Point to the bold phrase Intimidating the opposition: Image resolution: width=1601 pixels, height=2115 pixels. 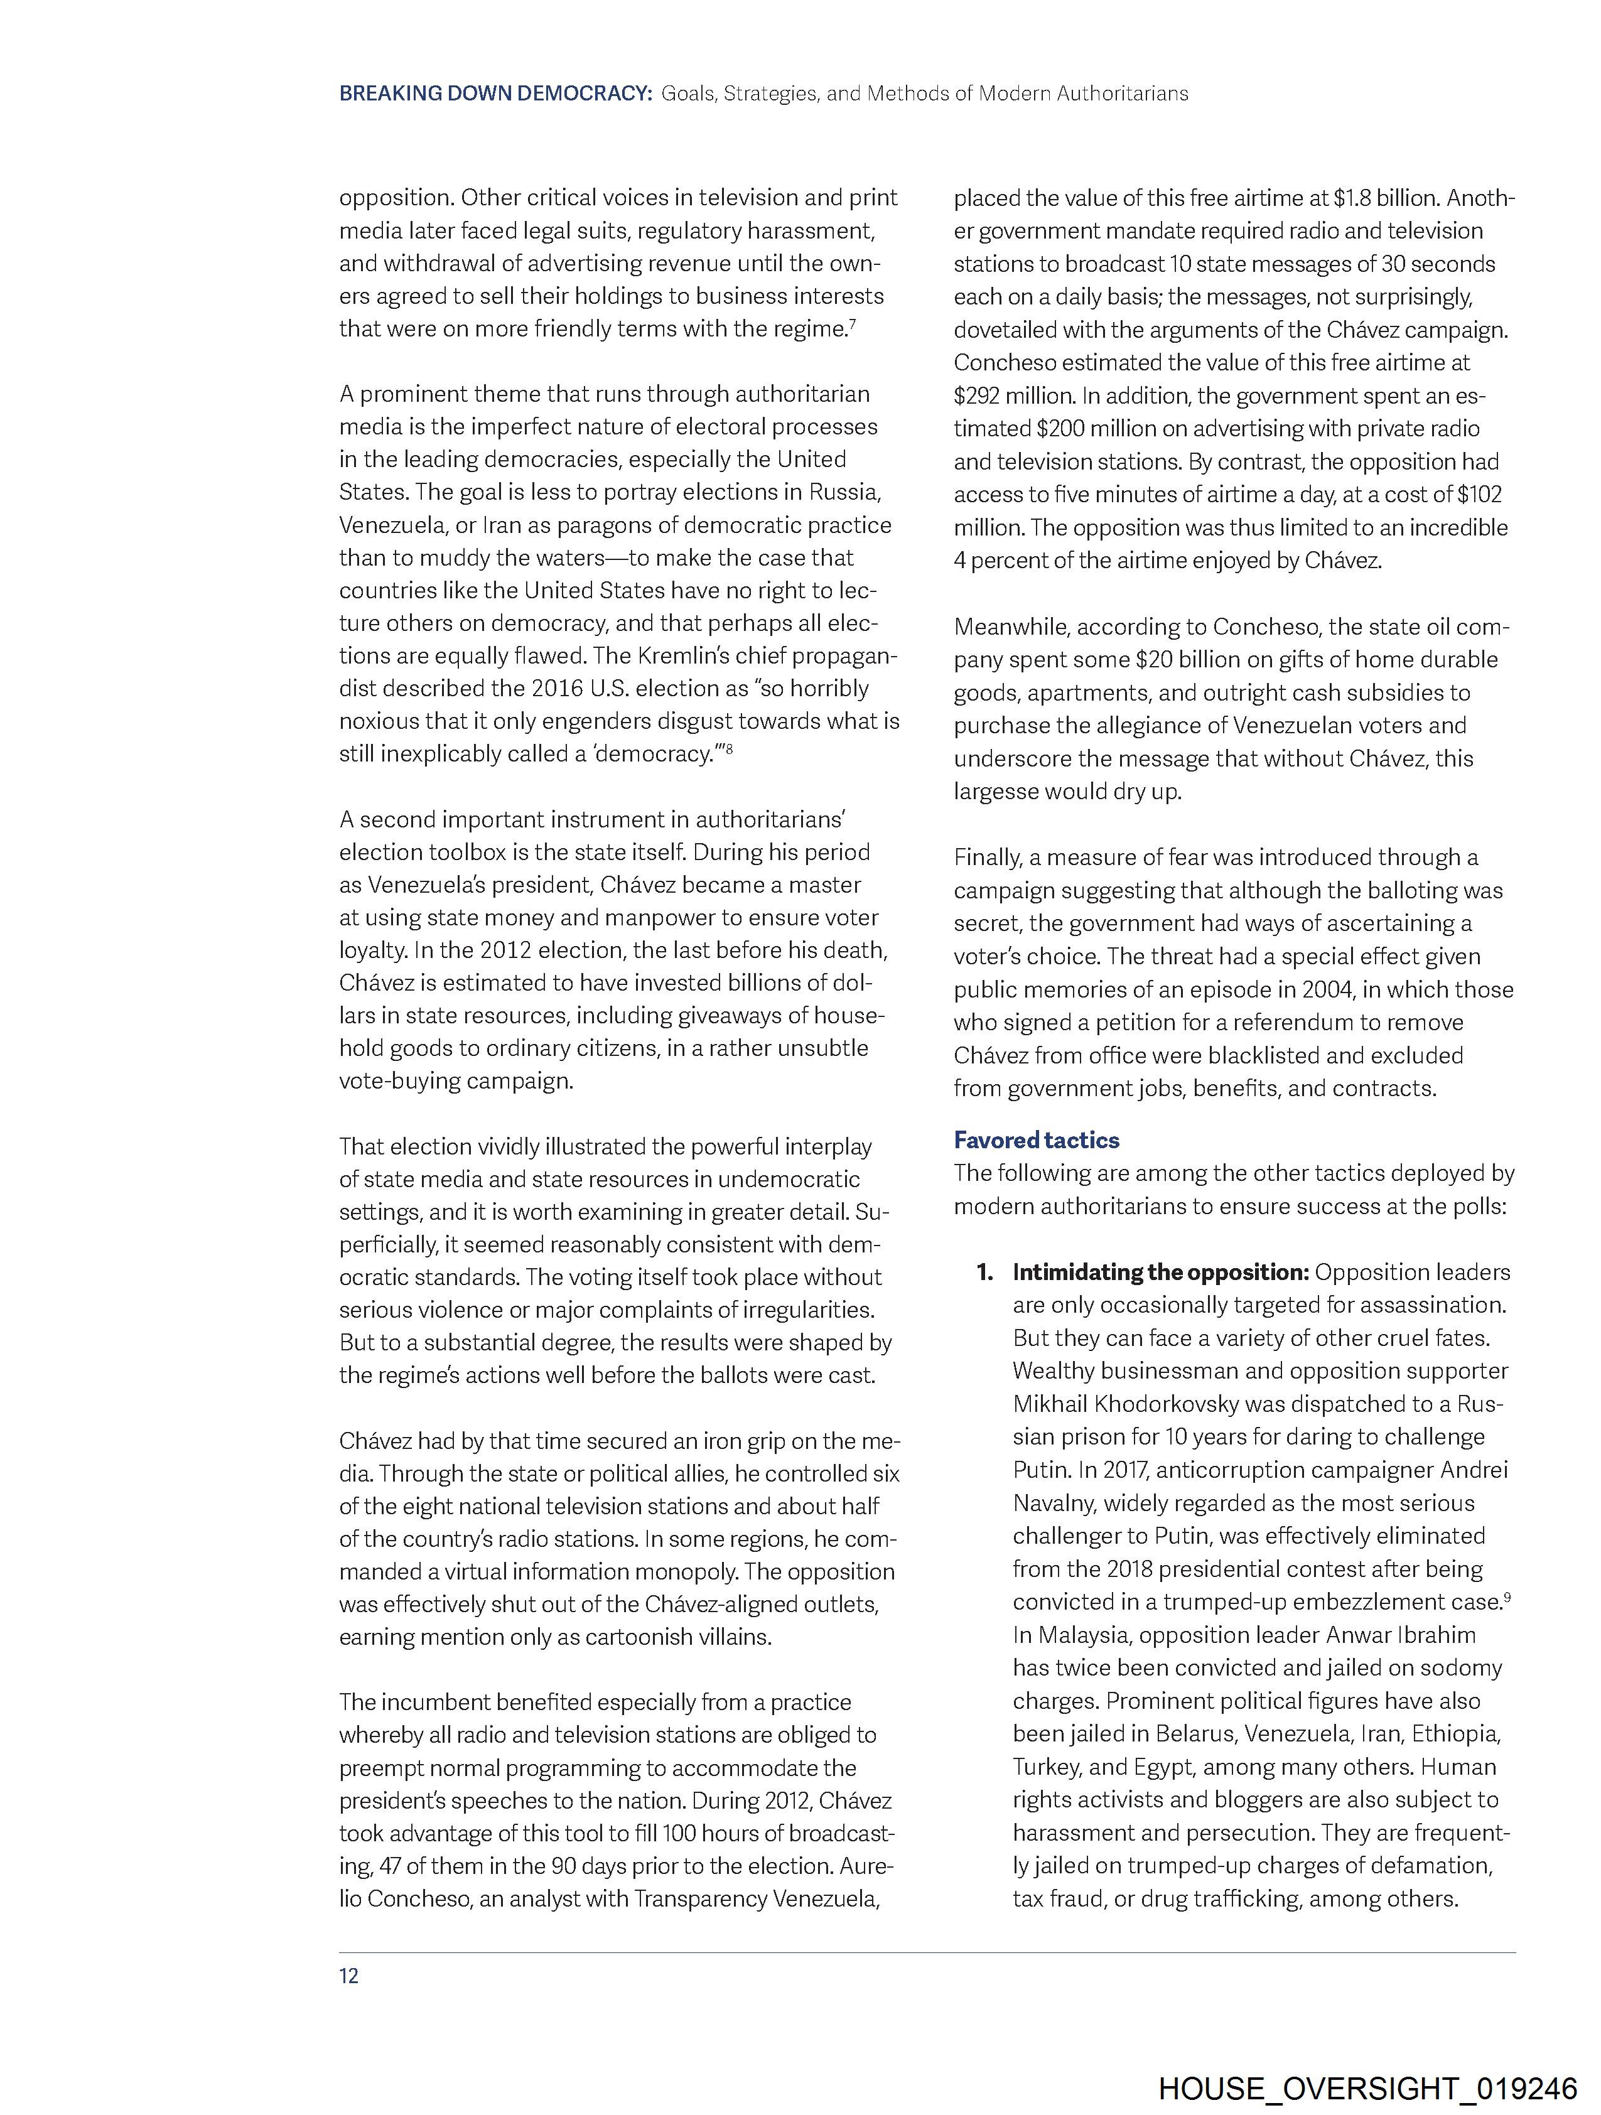click(1160, 1272)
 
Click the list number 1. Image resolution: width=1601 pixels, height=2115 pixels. click(984, 1272)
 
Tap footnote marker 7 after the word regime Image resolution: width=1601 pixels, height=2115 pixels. click(851, 323)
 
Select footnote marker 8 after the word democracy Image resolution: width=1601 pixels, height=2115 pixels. click(729, 749)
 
